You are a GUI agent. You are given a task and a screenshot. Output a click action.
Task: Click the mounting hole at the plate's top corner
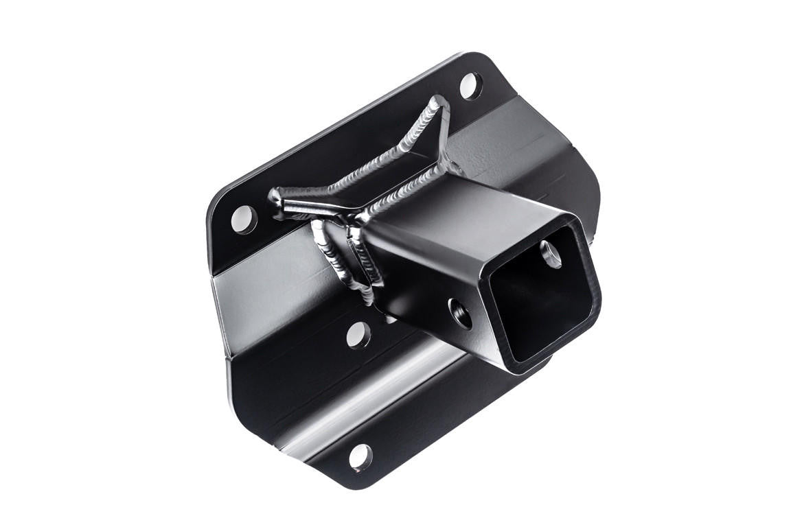pos(470,86)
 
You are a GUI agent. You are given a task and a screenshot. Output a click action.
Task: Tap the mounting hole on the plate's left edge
pos(244,220)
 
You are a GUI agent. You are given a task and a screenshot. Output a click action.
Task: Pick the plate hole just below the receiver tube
pos(358,335)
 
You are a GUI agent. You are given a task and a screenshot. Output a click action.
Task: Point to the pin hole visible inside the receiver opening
pos(551,254)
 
